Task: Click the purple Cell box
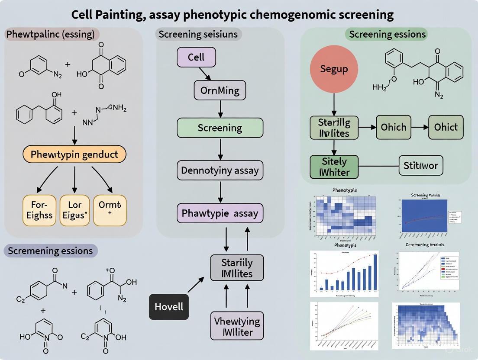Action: coord(196,58)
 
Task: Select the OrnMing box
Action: coord(220,91)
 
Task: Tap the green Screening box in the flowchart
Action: coord(220,128)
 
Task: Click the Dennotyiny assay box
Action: coord(220,170)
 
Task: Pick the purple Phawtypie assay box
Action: coord(220,213)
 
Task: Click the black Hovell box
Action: coord(169,307)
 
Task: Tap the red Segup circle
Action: coord(334,69)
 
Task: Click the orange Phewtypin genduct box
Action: coord(74,154)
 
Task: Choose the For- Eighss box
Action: coord(39,210)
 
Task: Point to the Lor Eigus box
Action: coord(75,210)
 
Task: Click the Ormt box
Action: coord(110,210)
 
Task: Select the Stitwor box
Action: coord(420,165)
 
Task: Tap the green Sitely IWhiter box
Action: coord(334,167)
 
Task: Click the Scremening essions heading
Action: coord(50,251)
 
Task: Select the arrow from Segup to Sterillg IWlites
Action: coord(334,104)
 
